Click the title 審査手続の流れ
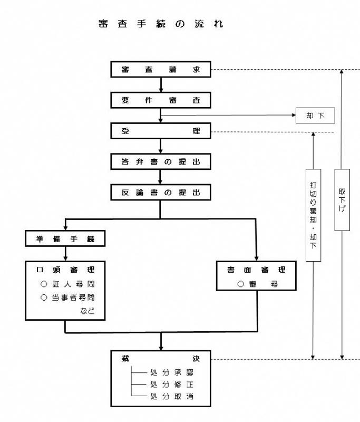click(160, 25)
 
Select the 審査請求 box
click(160, 69)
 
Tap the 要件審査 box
click(160, 100)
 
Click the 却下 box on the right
click(315, 115)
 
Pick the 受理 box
click(160, 131)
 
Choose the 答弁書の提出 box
click(160, 161)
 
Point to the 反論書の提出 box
click(160, 192)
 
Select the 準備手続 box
click(65, 238)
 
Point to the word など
click(87, 310)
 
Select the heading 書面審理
click(256, 270)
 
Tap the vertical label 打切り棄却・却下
click(313, 215)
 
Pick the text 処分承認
click(172, 372)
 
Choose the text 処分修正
click(172, 384)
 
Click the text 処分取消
click(172, 396)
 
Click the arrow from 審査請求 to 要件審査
click(160, 84)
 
